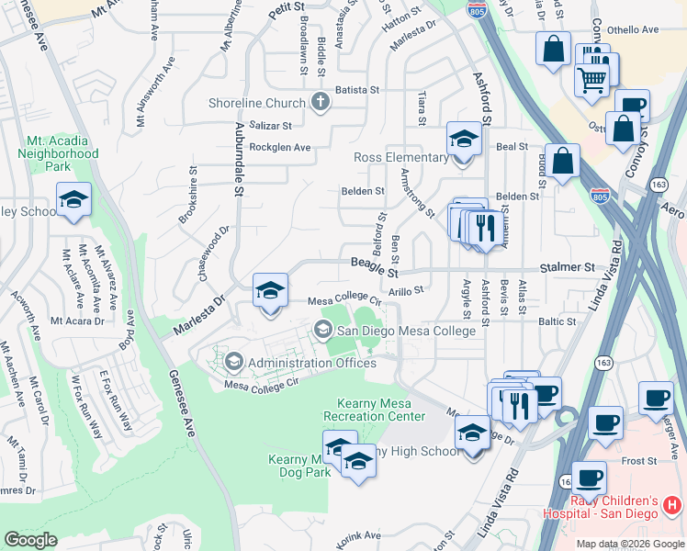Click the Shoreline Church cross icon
[320, 102]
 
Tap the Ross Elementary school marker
[464, 141]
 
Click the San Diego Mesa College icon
[322, 329]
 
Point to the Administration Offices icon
[234, 363]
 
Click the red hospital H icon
[671, 505]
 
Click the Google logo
[30, 540]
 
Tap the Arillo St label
[405, 290]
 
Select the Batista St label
[356, 90]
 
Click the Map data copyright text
[629, 544]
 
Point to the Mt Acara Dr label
[75, 320]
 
